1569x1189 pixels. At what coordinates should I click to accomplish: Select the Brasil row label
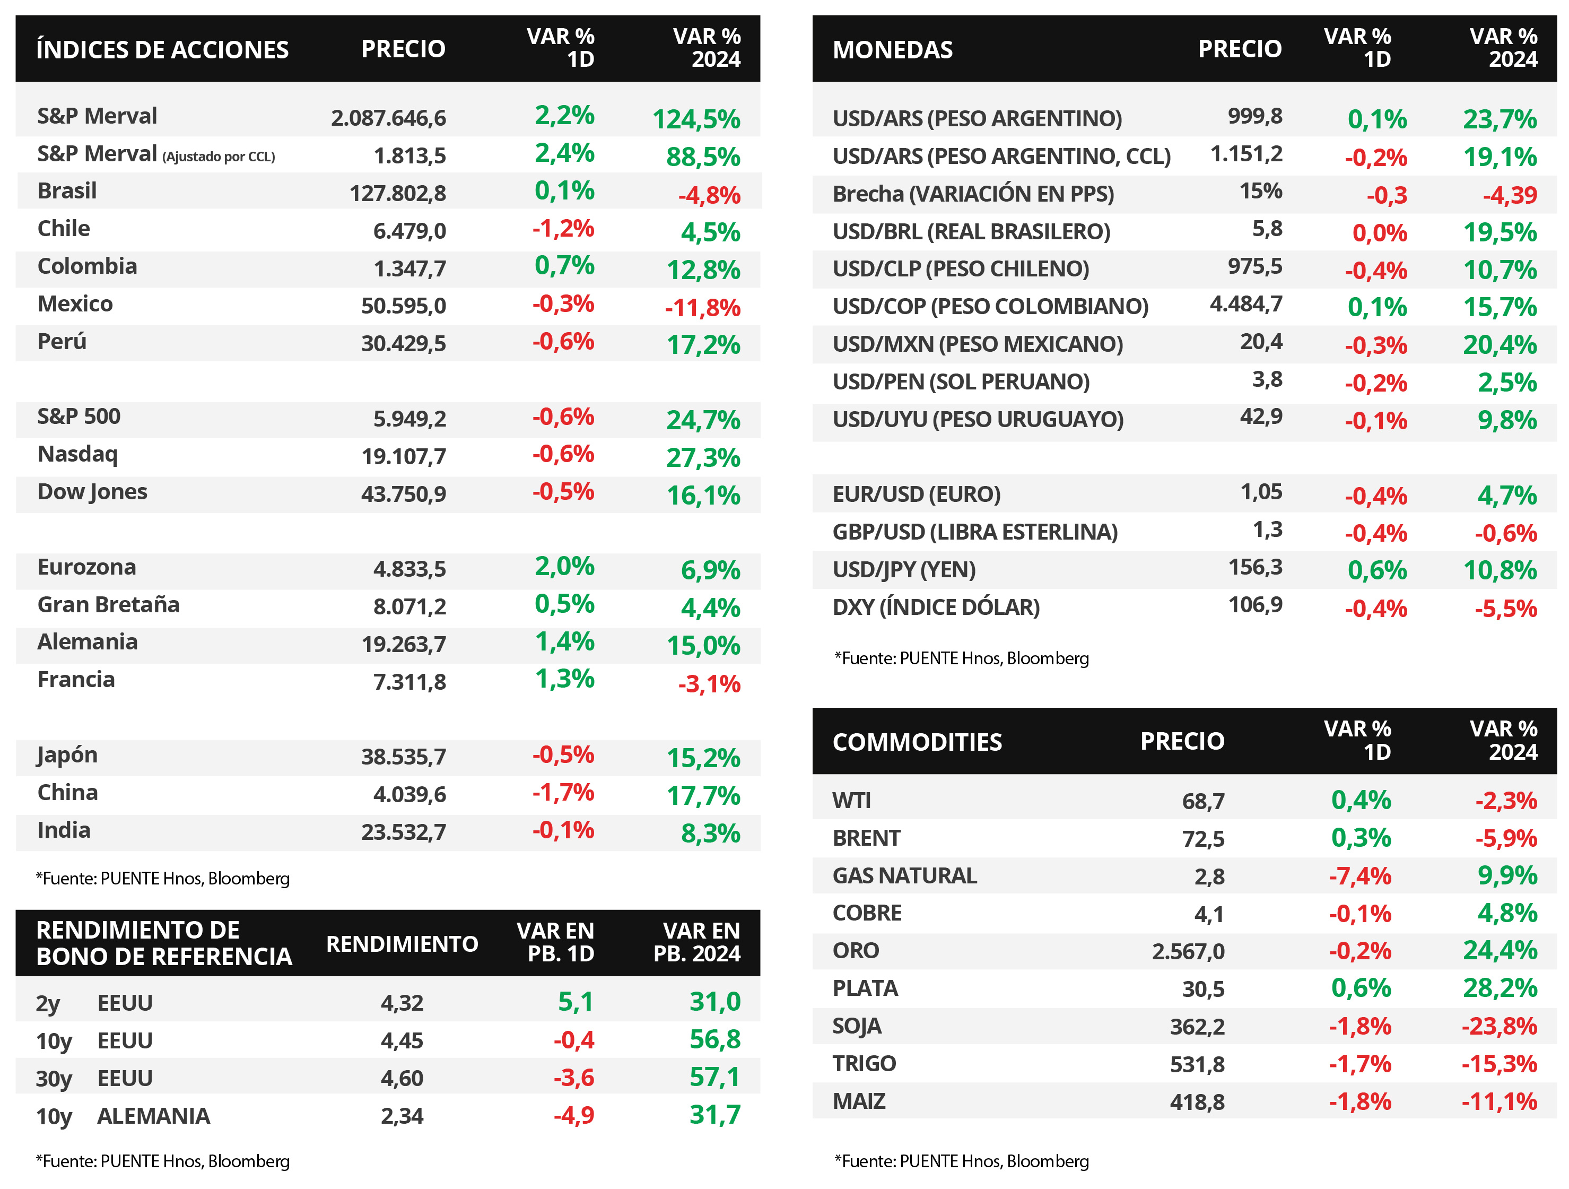tap(67, 192)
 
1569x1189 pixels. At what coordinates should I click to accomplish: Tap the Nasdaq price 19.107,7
tap(404, 456)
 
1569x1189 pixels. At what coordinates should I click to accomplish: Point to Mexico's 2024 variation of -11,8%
tap(702, 308)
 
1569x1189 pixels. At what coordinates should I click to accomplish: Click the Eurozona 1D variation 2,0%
tap(564, 567)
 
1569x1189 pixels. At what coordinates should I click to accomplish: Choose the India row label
tap(64, 831)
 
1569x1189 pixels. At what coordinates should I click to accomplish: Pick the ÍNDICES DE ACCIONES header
tap(162, 50)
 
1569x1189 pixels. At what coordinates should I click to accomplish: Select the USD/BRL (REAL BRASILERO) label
tap(971, 232)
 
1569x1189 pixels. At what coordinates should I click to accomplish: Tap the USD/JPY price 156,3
tap(1255, 568)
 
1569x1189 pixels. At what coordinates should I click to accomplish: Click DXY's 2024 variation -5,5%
tap(1505, 609)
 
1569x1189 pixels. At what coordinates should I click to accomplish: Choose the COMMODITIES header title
tap(917, 742)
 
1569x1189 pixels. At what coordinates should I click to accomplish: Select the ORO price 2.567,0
tap(1188, 951)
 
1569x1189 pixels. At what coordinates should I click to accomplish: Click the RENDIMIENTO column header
tap(402, 944)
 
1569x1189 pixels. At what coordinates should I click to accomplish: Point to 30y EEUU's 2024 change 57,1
tap(714, 1078)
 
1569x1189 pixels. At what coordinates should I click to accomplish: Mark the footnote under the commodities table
tap(961, 1161)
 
